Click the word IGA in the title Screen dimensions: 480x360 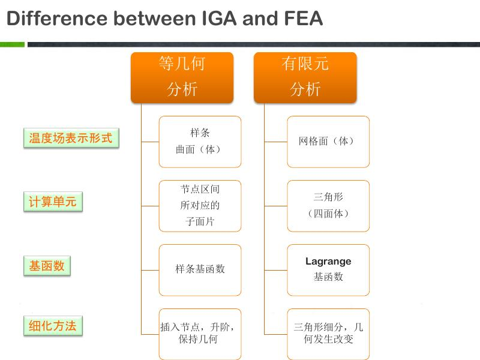(219, 18)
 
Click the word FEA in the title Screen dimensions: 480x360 (304, 18)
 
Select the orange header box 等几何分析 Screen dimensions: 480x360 (182, 77)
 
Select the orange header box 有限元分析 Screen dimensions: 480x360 (305, 77)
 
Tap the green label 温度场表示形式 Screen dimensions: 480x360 (71, 138)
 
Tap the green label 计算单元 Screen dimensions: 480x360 (53, 202)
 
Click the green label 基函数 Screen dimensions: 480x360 (47, 266)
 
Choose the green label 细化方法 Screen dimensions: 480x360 (53, 326)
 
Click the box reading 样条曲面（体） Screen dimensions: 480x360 (200, 142)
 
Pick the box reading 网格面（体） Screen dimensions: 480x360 (328, 142)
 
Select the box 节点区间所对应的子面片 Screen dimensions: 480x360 (200, 206)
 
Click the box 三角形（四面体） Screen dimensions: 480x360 (328, 206)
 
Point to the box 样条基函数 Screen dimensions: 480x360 (200, 270)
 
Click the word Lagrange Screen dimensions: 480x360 (328, 262)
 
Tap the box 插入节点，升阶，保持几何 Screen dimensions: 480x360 (200, 334)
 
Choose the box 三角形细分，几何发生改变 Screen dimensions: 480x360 (328, 334)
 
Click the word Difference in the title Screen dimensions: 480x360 (57, 18)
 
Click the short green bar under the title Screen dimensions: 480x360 (12, 44)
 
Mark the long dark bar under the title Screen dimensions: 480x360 (254, 44)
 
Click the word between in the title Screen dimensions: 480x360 (155, 18)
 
